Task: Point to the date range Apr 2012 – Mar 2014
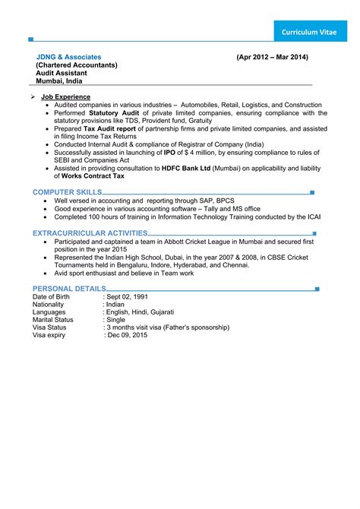pyautogui.click(x=272, y=58)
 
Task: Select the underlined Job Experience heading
pyautogui.click(x=67, y=97)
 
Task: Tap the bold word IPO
pyautogui.click(x=169, y=152)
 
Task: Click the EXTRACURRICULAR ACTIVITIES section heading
pyautogui.click(x=90, y=233)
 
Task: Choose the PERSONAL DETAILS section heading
pyautogui.click(x=69, y=289)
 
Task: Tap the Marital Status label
pyautogui.click(x=53, y=320)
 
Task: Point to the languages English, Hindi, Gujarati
pyautogui.click(x=141, y=312)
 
